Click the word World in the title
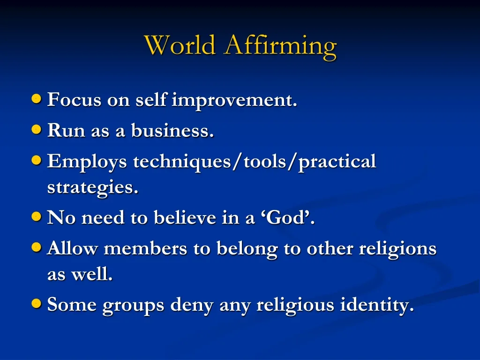[x=180, y=46]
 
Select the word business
[x=172, y=131]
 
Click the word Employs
[x=87, y=162]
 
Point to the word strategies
[x=93, y=188]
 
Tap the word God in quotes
[x=292, y=218]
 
